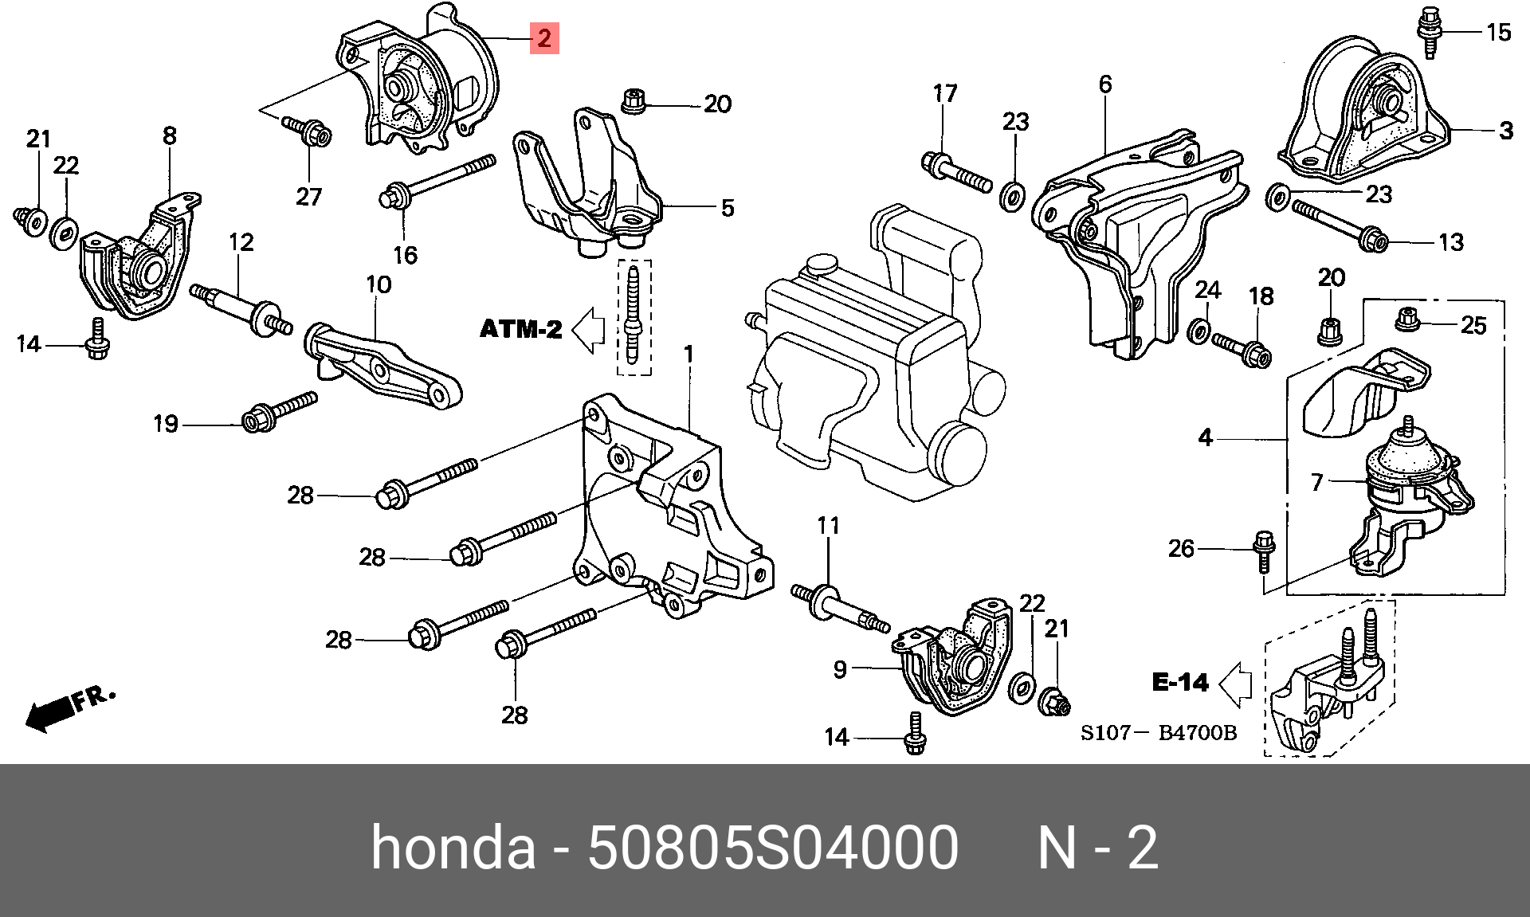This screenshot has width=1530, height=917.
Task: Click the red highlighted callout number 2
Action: click(544, 37)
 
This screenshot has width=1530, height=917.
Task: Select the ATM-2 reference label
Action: click(520, 329)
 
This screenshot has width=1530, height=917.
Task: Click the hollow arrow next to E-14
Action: click(1235, 684)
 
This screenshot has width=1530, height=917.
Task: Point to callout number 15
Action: click(1498, 33)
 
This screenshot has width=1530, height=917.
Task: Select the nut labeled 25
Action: click(1408, 319)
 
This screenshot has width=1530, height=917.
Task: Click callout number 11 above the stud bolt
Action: click(828, 526)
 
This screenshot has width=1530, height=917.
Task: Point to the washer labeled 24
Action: click(1197, 331)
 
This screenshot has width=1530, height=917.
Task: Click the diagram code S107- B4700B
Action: click(1158, 732)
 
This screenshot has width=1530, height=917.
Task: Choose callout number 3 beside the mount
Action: click(1505, 131)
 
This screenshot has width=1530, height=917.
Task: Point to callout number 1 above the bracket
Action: click(688, 354)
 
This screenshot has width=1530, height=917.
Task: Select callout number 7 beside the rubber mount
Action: click(1316, 482)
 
